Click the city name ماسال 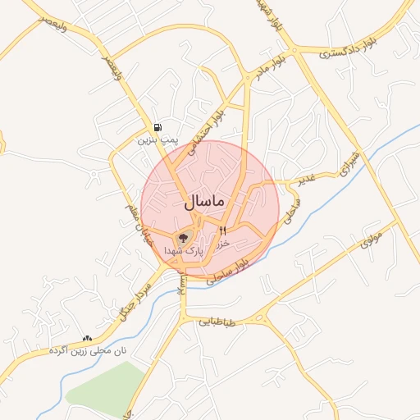click(x=204, y=200)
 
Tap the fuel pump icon click(x=157, y=127)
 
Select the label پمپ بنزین click(x=157, y=140)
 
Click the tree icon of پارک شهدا click(x=182, y=238)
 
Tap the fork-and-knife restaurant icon click(x=222, y=232)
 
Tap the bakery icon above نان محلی click(x=86, y=337)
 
